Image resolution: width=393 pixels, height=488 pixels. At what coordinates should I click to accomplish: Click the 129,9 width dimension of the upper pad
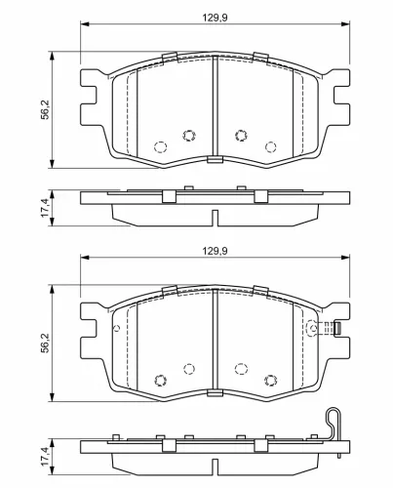215,18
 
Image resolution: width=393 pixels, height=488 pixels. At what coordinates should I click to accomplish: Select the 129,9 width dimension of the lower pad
215,251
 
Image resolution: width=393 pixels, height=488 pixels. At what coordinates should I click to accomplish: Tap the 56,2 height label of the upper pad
45,109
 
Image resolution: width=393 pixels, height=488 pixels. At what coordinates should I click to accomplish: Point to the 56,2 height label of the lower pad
45,343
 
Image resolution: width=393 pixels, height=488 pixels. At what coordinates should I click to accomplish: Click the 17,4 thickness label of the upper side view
45,208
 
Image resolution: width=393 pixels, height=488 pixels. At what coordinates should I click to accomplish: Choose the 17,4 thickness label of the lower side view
45,457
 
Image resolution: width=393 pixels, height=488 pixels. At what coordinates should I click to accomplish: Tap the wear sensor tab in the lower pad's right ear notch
337,328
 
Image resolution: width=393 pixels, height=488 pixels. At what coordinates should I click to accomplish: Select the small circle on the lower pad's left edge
117,328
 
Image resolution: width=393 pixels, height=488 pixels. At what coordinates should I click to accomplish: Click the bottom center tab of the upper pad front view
215,159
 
